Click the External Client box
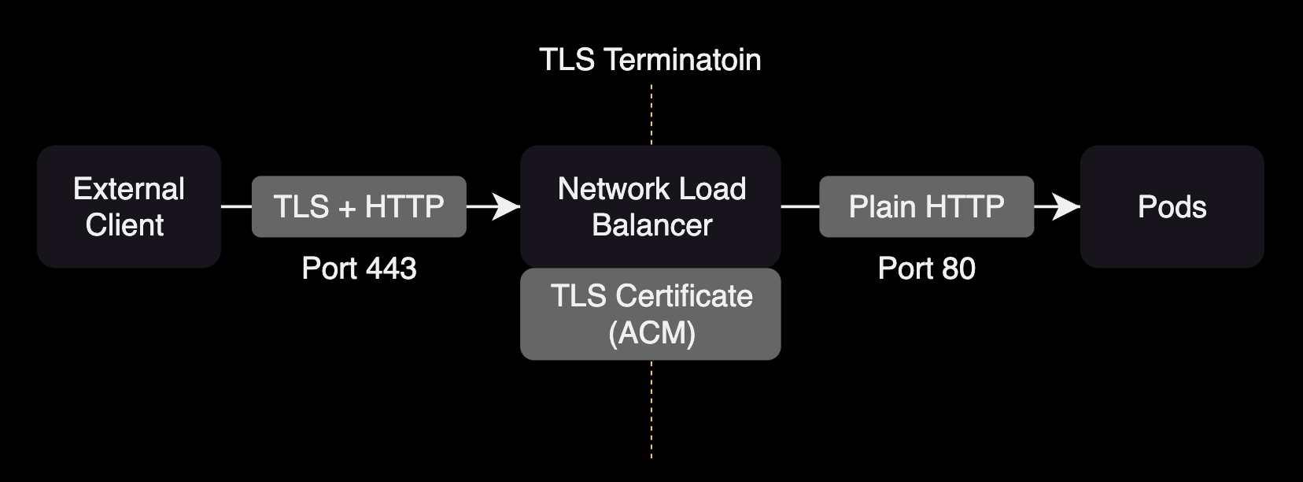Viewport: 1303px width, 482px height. click(x=128, y=206)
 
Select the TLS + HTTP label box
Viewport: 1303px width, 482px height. click(x=359, y=206)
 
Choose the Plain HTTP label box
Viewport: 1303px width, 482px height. click(x=926, y=206)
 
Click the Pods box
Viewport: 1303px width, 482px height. click(x=1172, y=206)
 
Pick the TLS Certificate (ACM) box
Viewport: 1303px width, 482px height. click(x=650, y=314)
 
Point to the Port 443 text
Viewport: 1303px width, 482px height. click(x=359, y=269)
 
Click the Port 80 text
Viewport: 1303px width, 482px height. click(x=926, y=269)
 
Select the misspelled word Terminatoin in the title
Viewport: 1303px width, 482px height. click(x=683, y=60)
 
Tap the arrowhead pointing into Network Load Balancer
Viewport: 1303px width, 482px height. click(x=507, y=207)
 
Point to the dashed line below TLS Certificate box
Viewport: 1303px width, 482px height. click(x=651, y=410)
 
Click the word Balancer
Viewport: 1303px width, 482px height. click(x=651, y=225)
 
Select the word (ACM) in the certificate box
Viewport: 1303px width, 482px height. click(x=651, y=333)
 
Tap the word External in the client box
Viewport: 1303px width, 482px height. click(x=128, y=189)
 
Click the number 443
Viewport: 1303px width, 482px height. click(x=390, y=269)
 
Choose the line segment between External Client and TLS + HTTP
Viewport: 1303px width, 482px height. click(x=236, y=207)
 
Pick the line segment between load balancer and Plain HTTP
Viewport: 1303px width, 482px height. click(x=799, y=207)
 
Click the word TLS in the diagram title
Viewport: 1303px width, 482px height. click(x=567, y=60)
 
